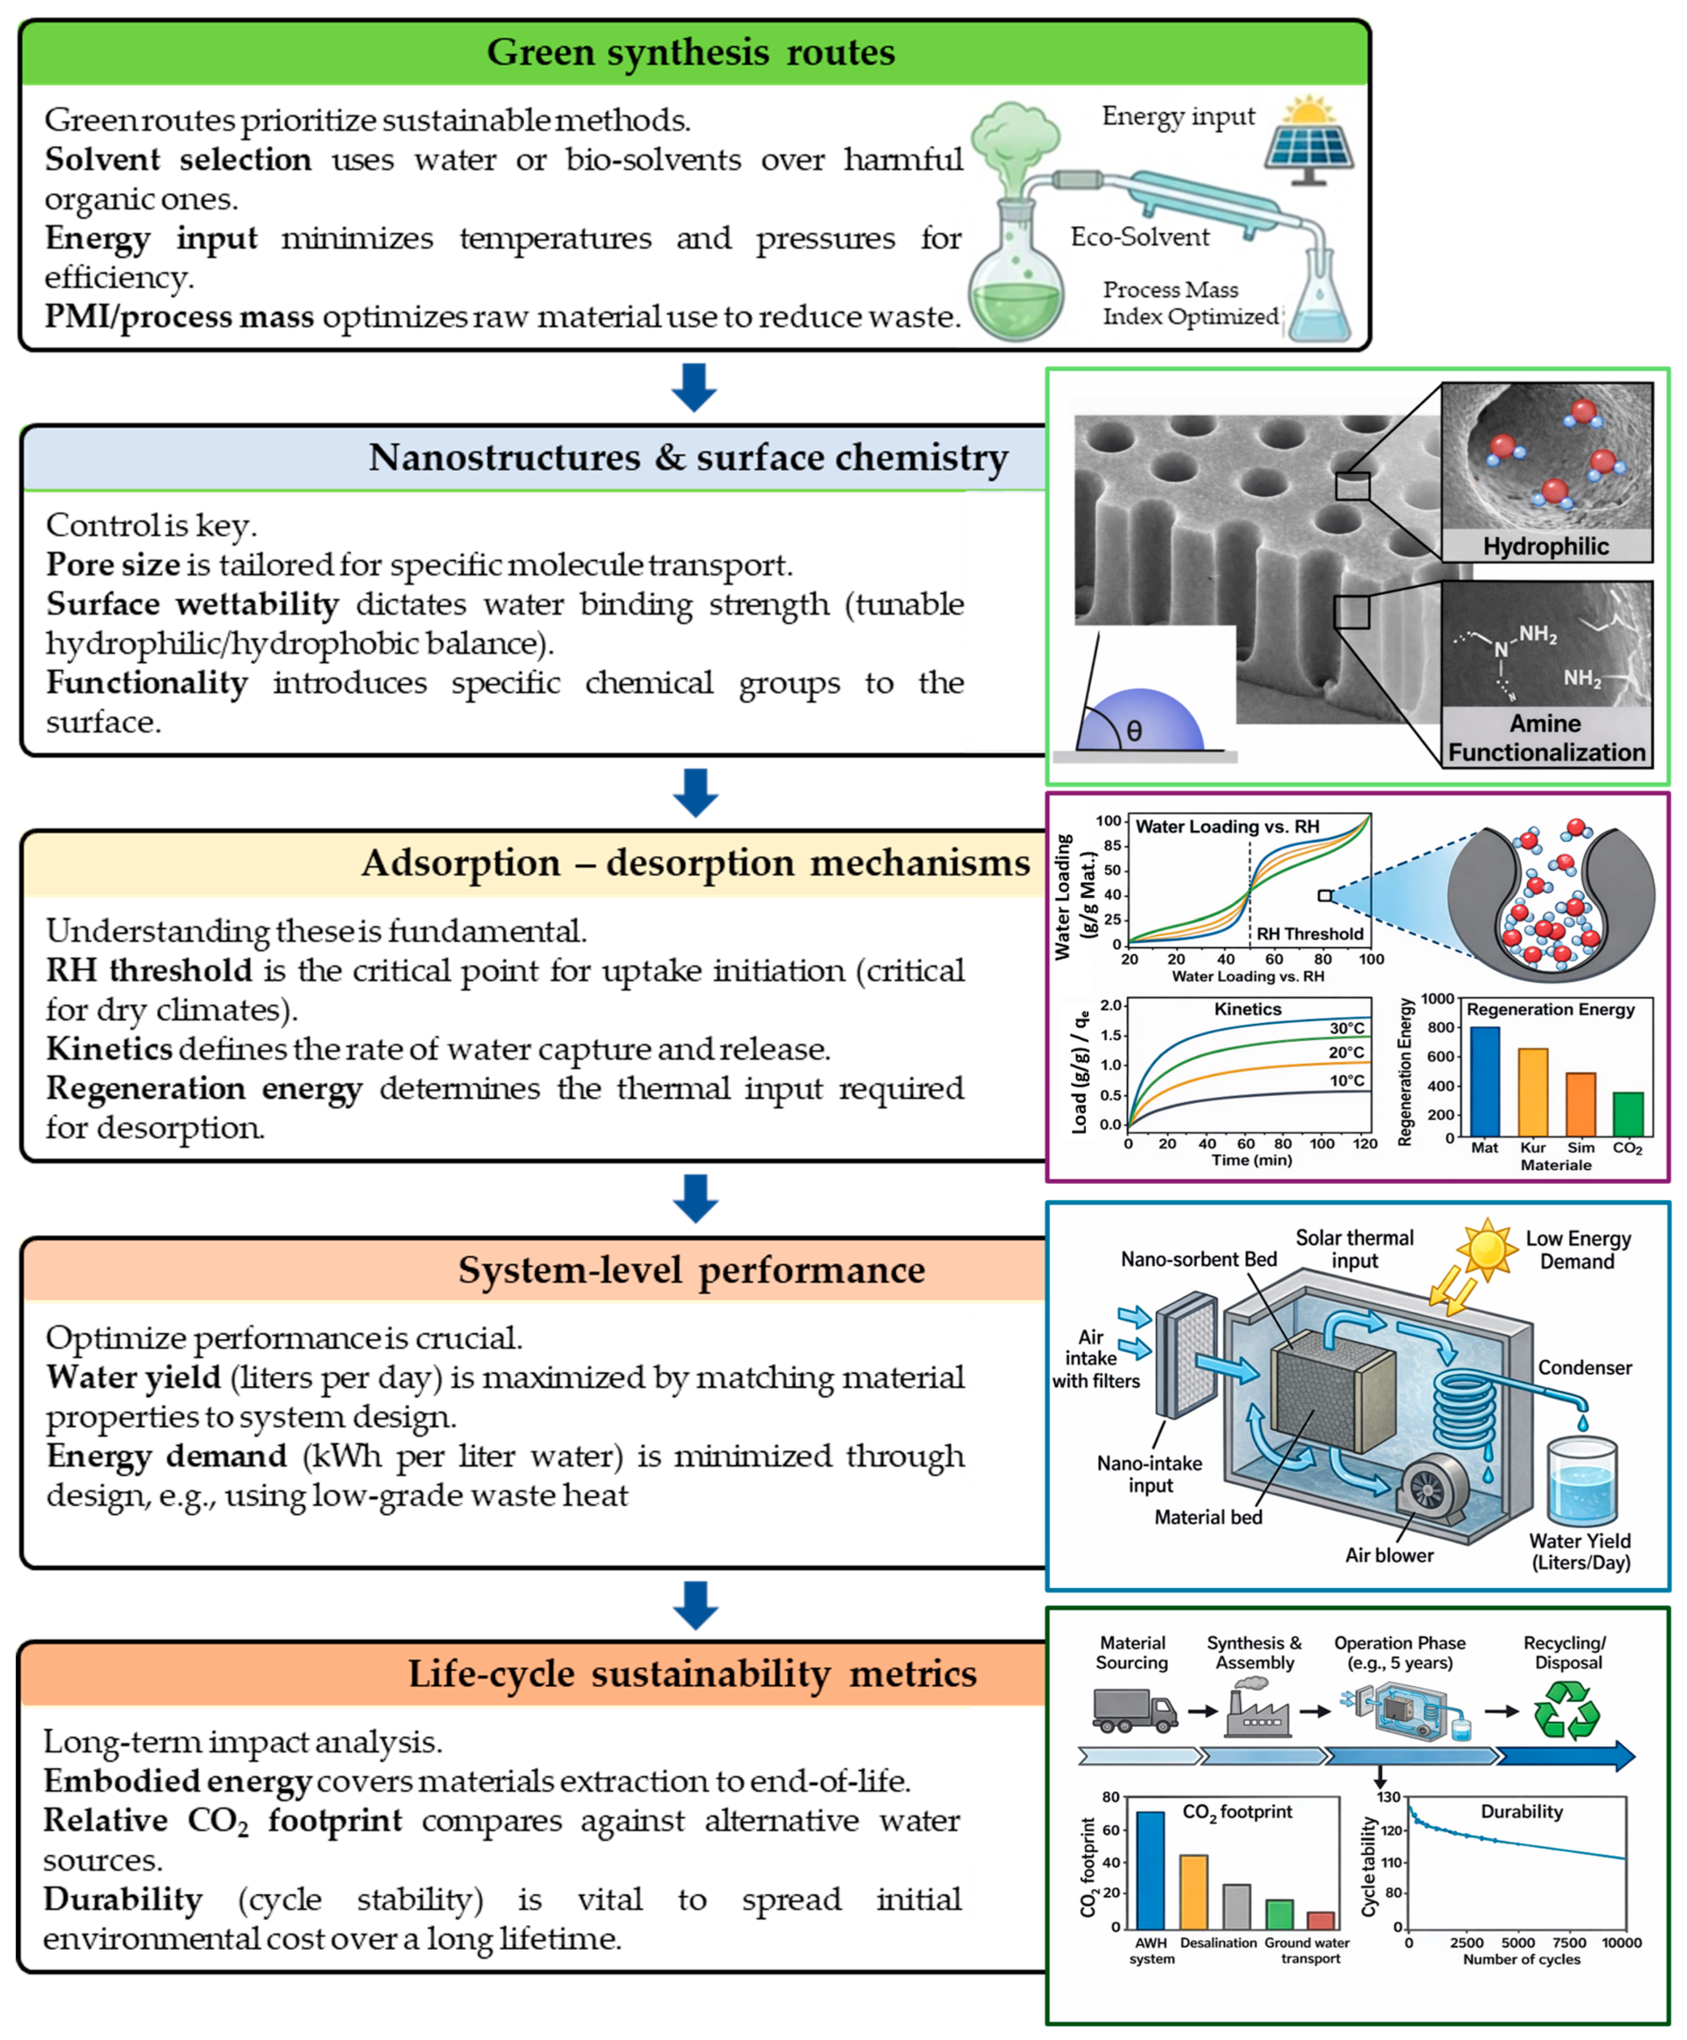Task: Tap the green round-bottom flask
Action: click(x=1016, y=291)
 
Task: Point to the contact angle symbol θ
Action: click(x=1133, y=730)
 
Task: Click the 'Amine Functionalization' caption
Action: click(x=1546, y=738)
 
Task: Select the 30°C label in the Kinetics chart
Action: click(x=1346, y=1028)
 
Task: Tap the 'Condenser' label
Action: click(x=1584, y=1368)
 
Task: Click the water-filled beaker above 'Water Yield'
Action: click(x=1581, y=1482)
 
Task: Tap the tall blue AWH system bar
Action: click(x=1150, y=1870)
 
